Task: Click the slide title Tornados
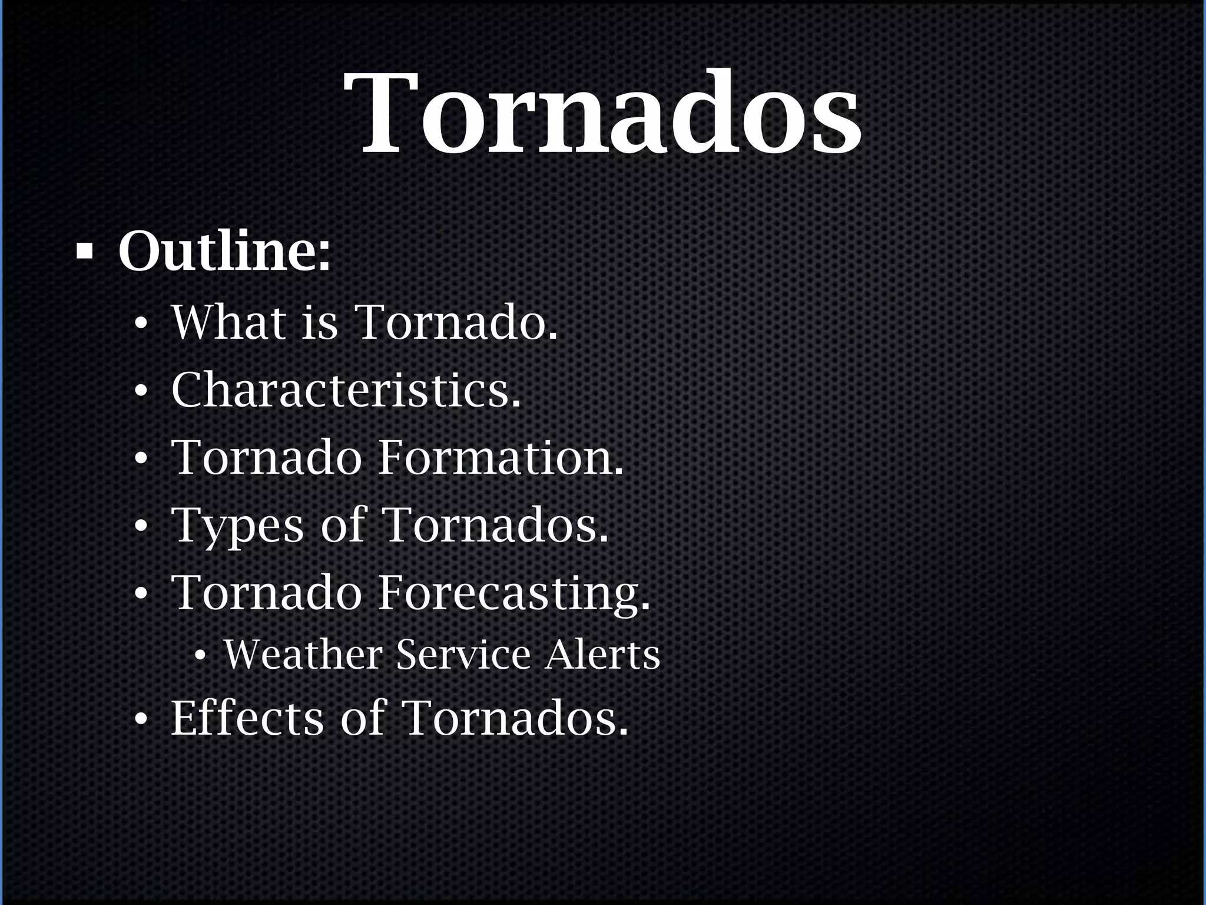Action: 603,115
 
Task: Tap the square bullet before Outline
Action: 85,251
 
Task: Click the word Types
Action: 237,525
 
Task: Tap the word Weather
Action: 303,655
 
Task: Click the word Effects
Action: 247,718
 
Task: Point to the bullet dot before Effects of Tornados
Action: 140,719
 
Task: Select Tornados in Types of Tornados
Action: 495,525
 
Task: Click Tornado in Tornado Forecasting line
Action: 266,593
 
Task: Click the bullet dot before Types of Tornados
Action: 140,527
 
